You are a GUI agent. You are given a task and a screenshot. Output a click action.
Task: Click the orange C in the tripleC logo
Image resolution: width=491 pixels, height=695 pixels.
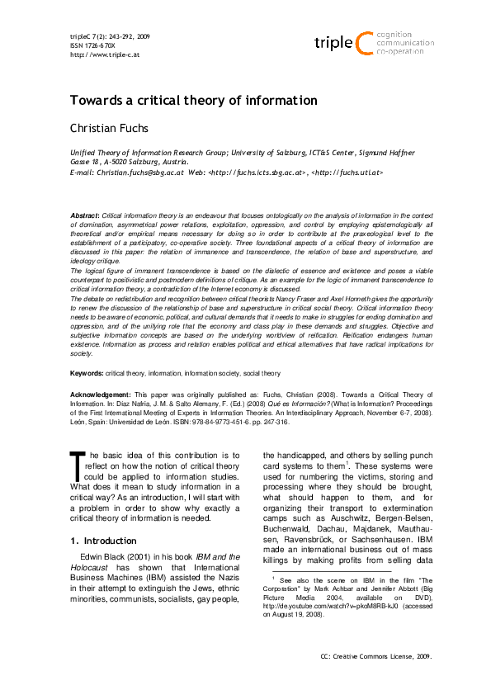pos(362,42)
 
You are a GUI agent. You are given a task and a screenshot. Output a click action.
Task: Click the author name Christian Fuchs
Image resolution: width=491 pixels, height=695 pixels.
pos(110,129)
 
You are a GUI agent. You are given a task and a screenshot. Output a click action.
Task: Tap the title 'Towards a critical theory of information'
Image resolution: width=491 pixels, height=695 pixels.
pos(193,101)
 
